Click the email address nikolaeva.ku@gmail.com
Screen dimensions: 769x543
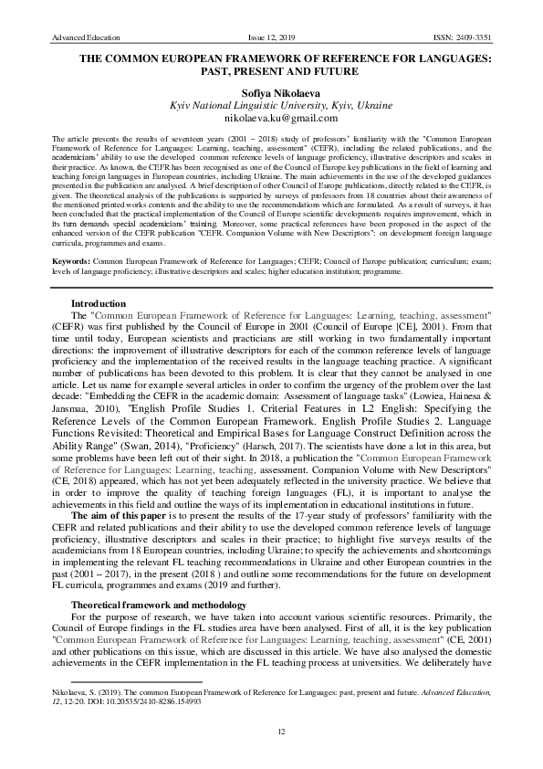271,119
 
